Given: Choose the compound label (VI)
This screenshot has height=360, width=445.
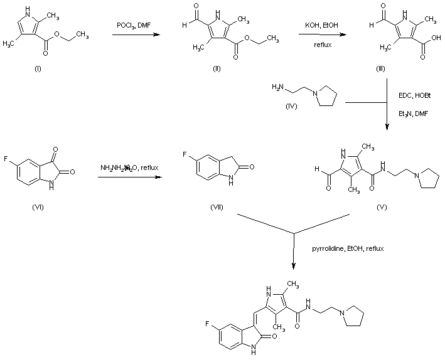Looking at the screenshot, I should pyautogui.click(x=37, y=206).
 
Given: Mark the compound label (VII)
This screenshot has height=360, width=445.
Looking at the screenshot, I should pyautogui.click(x=217, y=206).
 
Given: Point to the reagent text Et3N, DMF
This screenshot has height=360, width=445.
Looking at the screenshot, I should pyautogui.click(x=412, y=114).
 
